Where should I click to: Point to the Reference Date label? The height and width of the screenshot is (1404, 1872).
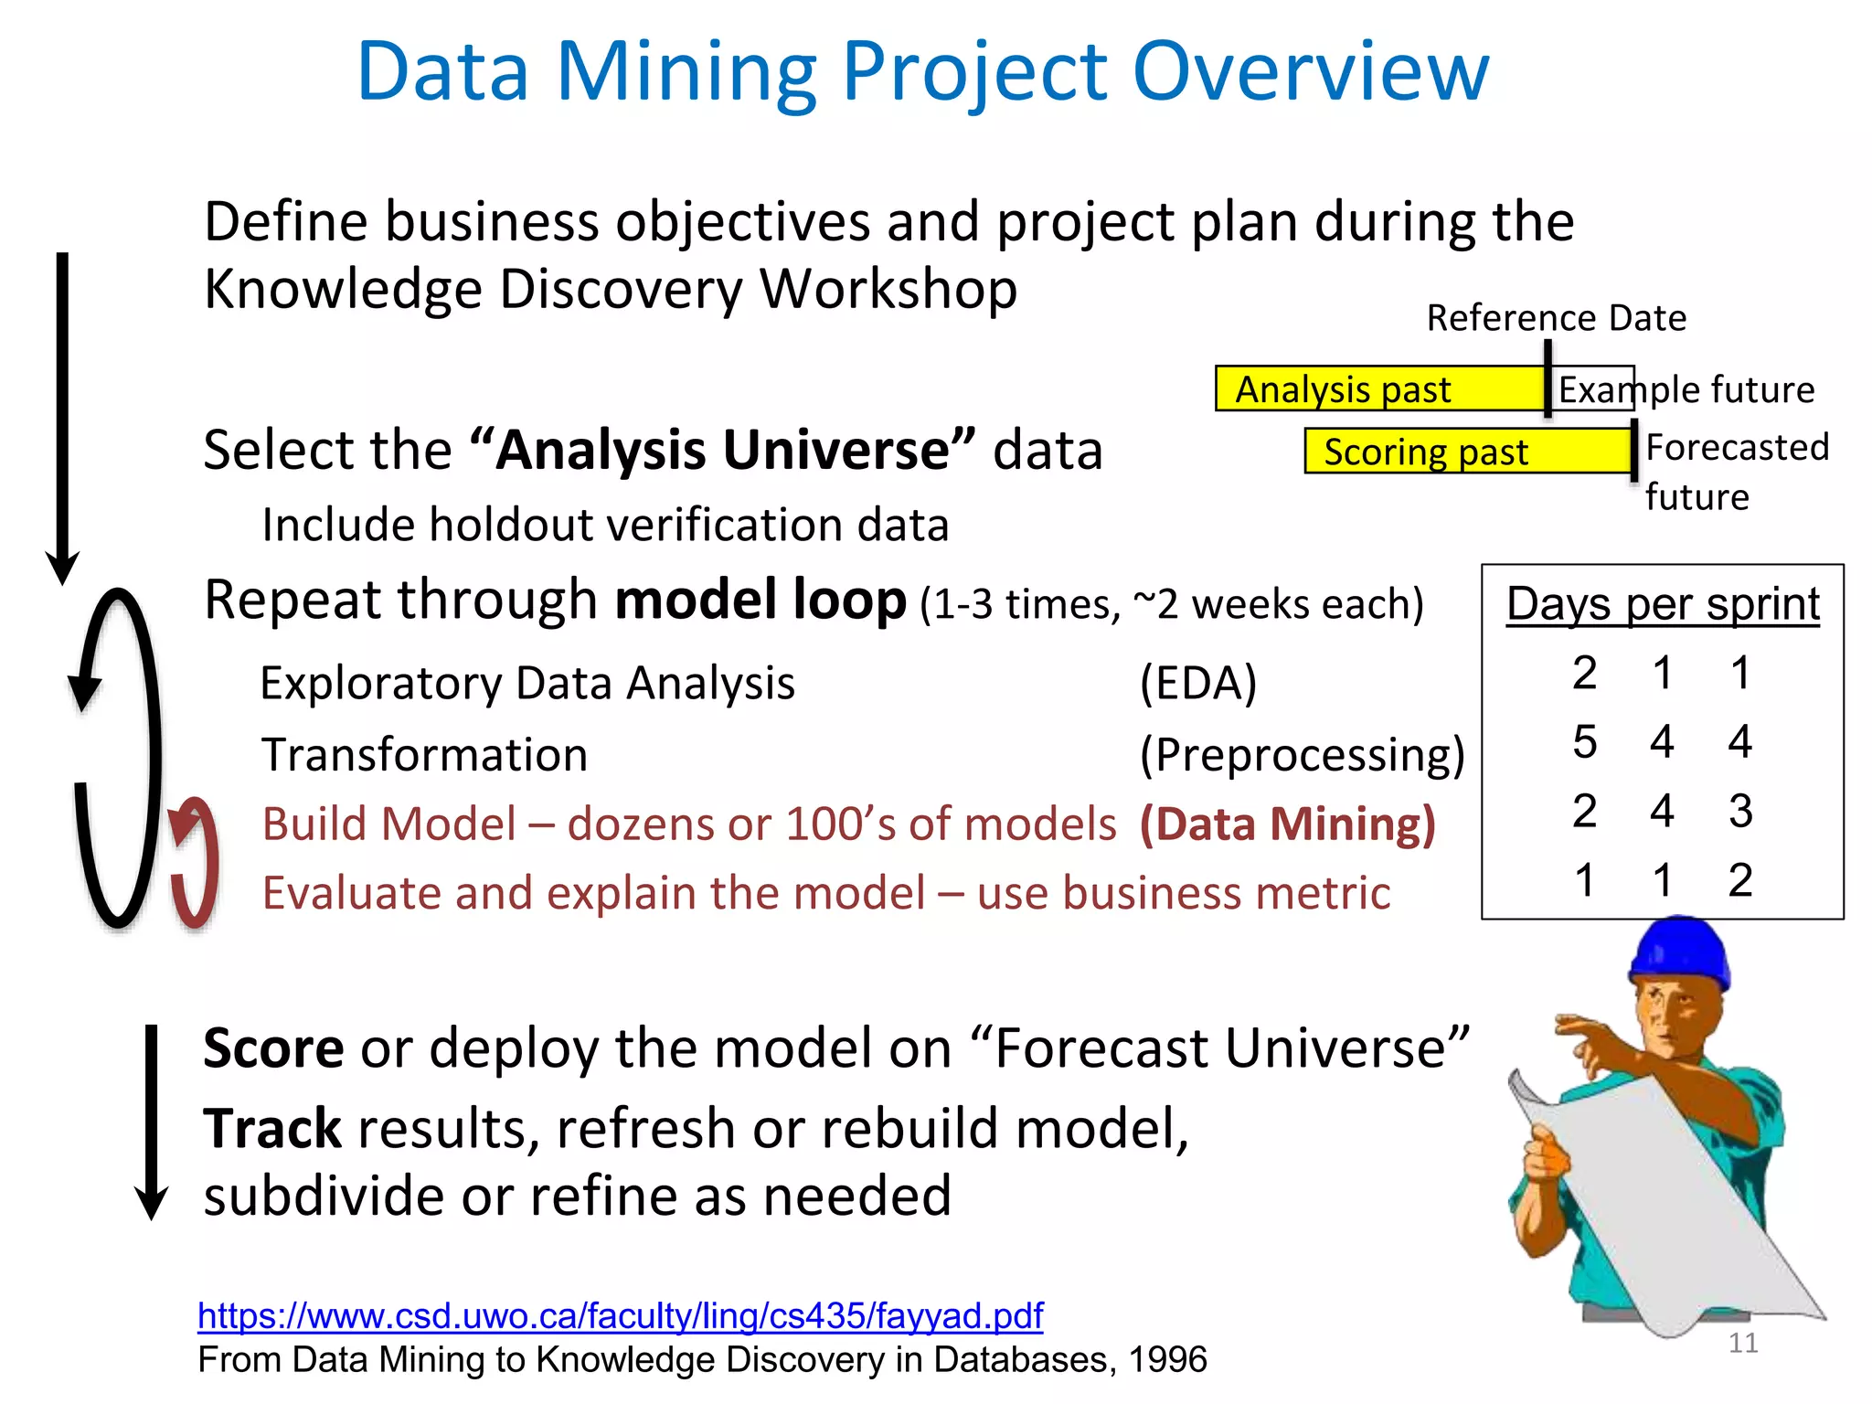pyautogui.click(x=1556, y=318)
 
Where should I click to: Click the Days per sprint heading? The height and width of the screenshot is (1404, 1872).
pyautogui.click(x=1663, y=604)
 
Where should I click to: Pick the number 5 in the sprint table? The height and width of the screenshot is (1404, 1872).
pyautogui.click(x=1584, y=741)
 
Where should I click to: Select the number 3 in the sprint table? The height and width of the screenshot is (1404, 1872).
pyautogui.click(x=1740, y=811)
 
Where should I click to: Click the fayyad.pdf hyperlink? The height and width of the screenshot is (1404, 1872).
pyautogui.click(x=620, y=1315)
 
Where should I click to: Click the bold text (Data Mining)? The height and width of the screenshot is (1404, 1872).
pyautogui.click(x=1287, y=824)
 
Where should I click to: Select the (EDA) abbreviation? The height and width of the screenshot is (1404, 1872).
pyautogui.click(x=1198, y=683)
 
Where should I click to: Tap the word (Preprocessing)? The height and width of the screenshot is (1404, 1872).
pyautogui.click(x=1302, y=755)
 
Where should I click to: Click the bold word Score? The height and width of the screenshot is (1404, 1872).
pyautogui.click(x=273, y=1048)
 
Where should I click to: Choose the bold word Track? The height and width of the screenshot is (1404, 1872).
pyautogui.click(x=272, y=1128)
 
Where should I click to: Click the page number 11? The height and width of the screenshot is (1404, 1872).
pyautogui.click(x=1743, y=1343)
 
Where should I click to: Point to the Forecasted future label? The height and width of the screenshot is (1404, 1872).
pyautogui.click(x=1735, y=472)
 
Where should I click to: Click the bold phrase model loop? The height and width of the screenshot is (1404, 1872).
pyautogui.click(x=760, y=601)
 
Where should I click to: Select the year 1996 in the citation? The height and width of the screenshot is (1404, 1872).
pyautogui.click(x=1167, y=1360)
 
